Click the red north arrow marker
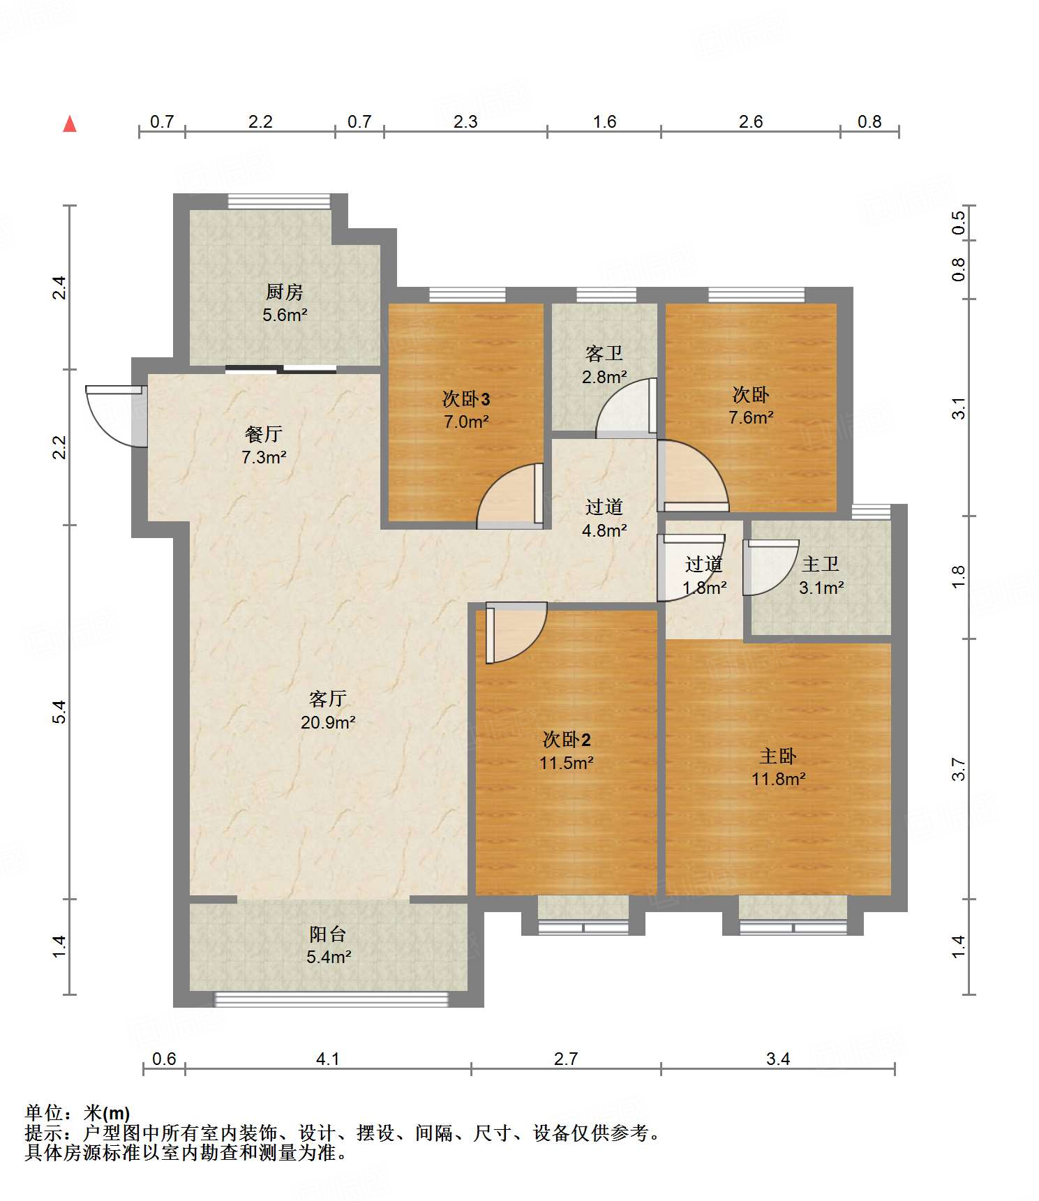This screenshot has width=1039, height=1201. (x=70, y=124)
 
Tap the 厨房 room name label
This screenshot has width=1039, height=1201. (x=285, y=292)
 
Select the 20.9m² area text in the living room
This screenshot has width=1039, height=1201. (x=328, y=722)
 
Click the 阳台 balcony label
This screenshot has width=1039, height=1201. (x=328, y=934)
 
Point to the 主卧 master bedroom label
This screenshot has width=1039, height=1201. (x=778, y=756)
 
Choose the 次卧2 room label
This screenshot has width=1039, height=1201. (x=567, y=739)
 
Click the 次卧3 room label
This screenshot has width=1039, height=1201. (x=466, y=398)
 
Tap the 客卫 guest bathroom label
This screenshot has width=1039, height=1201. (x=604, y=353)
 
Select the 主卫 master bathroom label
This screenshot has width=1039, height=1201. (x=821, y=564)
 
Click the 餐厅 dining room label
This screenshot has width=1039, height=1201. (x=264, y=434)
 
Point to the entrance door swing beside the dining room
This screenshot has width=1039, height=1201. (x=116, y=416)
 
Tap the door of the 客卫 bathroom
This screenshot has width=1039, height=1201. (x=627, y=408)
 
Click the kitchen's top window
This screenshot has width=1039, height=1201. (x=279, y=201)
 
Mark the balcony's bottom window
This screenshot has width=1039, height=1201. (x=331, y=999)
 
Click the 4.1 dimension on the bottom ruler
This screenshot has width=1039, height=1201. (x=328, y=1059)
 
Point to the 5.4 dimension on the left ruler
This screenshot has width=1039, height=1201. (x=60, y=712)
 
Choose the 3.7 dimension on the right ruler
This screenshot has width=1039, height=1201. (x=959, y=769)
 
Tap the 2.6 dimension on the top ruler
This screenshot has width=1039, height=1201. (x=751, y=121)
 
